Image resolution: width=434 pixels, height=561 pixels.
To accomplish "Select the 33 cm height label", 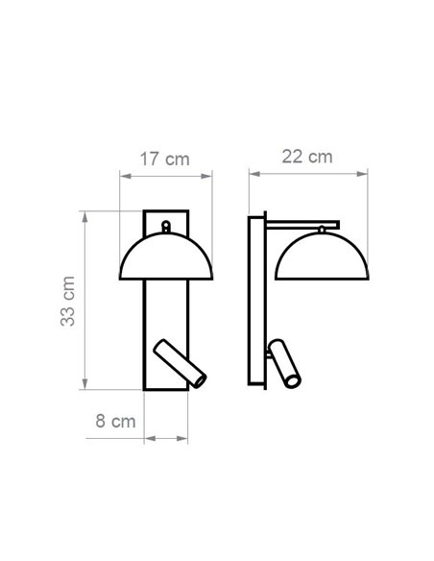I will coord(68,300).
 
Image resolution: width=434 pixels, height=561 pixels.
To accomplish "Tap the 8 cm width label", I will coord(115,421).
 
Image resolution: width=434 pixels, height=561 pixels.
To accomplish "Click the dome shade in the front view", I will coord(165,257).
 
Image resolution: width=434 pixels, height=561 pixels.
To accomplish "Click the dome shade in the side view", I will coord(322,256).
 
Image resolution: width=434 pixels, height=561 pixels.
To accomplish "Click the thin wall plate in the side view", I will coord(257,302).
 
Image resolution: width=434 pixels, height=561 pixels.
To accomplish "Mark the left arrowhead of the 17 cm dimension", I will coord(122,175).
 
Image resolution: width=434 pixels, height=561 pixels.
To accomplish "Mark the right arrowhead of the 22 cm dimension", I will coord(365,174).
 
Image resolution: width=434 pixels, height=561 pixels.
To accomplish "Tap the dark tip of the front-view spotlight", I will coord(199,381).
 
